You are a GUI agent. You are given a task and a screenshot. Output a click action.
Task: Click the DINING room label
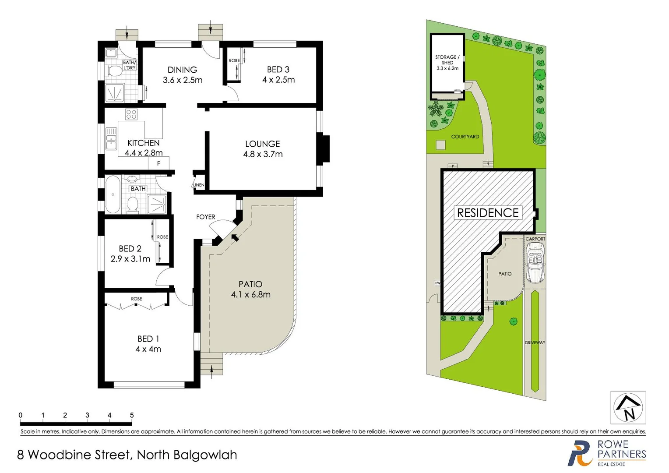[x=182, y=70]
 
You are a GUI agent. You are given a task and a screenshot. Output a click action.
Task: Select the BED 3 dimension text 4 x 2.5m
[x=278, y=80]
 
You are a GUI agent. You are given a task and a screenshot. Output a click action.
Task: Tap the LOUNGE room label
[x=262, y=144]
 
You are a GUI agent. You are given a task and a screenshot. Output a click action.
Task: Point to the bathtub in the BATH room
[x=113, y=194]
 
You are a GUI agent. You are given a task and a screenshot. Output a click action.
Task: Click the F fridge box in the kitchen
[x=158, y=163]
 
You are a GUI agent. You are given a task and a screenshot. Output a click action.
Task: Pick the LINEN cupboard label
[x=198, y=185]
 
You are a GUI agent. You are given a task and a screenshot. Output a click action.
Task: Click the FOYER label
[x=205, y=217]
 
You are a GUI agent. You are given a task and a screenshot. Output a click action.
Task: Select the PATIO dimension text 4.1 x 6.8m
[x=250, y=295]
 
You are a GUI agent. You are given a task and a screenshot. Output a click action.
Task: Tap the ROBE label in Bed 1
[x=137, y=299]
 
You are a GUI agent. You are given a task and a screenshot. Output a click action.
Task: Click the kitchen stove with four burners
[x=131, y=114]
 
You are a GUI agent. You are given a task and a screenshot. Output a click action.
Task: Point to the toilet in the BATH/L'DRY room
[x=115, y=71]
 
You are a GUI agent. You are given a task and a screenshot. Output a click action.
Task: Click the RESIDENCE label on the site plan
[x=488, y=213]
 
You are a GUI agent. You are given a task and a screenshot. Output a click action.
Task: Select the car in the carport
[x=535, y=263]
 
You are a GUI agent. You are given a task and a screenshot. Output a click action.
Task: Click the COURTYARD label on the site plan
[x=465, y=137]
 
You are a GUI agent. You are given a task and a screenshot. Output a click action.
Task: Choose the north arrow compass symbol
[x=628, y=407]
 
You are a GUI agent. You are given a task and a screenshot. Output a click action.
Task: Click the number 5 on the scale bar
[x=132, y=415]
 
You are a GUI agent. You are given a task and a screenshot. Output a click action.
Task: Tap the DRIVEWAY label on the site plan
[x=535, y=342]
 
